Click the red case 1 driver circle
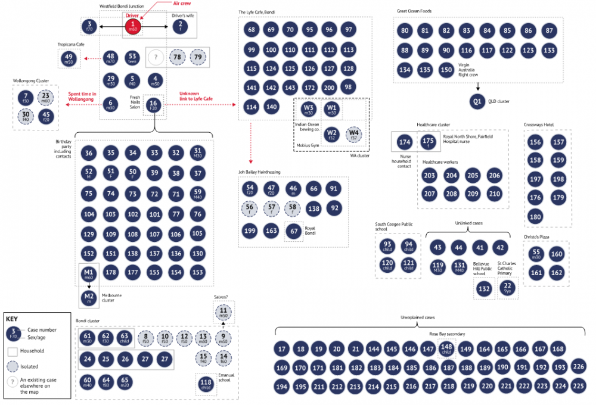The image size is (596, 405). (x=133, y=26)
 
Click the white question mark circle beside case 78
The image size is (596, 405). (x=156, y=58)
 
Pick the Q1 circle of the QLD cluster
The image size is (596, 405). (x=477, y=101)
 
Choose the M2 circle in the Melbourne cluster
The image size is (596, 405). (x=89, y=296)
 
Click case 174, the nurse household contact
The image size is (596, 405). (x=405, y=142)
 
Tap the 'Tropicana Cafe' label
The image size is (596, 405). (x=70, y=45)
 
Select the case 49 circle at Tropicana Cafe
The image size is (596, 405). (x=69, y=58)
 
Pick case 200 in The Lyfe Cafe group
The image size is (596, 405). (x=328, y=88)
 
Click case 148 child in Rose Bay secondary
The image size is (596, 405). (x=446, y=349)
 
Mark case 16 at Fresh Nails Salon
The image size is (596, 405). (x=154, y=105)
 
